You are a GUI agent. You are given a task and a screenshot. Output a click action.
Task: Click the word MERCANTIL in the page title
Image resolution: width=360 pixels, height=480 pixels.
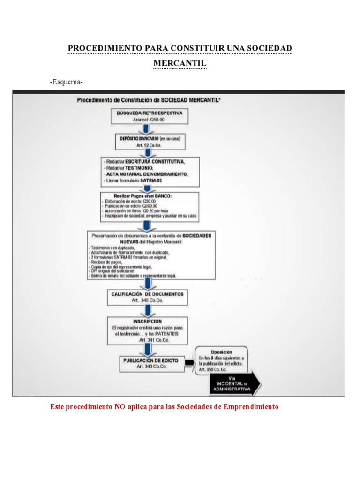[180, 63]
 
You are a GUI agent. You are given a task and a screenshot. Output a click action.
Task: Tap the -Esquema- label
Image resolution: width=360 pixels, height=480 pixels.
[67, 82]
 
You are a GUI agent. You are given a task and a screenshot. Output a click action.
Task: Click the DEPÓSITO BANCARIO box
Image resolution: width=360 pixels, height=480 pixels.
[148, 141]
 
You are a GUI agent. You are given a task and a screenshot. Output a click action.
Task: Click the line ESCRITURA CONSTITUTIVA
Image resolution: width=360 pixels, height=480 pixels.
[145, 162]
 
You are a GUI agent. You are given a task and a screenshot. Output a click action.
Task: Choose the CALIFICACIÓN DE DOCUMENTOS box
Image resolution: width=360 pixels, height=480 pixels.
[148, 297]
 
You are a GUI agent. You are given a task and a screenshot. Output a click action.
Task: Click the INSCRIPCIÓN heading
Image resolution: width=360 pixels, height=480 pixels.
[148, 322]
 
